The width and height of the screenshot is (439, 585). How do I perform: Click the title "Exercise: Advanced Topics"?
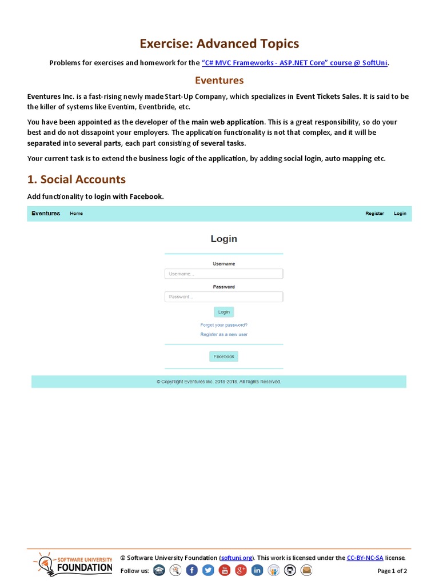pos(219,44)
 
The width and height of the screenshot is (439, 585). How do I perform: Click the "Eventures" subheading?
pos(219,81)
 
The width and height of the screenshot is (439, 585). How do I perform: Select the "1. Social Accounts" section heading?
pos(77,179)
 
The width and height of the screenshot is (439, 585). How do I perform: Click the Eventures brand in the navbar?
pos(46,214)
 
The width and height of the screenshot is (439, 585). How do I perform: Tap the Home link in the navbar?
pos(76,214)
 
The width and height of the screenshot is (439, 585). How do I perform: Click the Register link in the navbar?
pos(374,214)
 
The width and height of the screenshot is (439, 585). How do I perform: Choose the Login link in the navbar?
pos(400,214)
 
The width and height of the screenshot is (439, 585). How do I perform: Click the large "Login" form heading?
pos(224,239)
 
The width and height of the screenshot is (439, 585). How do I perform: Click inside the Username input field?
pos(224,274)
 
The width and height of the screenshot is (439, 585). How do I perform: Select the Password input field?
pos(224,296)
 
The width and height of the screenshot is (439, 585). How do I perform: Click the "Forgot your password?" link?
pos(224,325)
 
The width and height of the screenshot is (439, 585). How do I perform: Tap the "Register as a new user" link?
pos(224,334)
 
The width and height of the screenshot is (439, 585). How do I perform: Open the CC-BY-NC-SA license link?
pos(365,558)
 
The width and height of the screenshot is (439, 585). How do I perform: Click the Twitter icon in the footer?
pos(208,570)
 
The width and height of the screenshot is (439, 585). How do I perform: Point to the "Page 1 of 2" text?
pos(392,571)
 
